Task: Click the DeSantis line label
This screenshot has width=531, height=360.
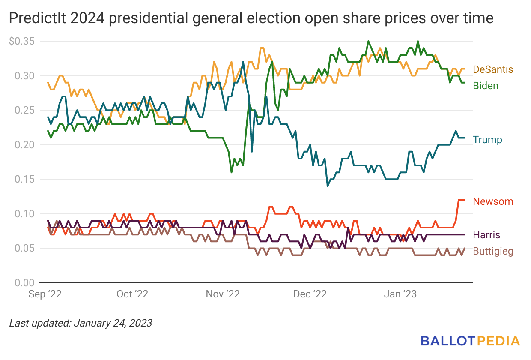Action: tap(493, 69)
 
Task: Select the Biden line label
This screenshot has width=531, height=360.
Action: tap(486, 86)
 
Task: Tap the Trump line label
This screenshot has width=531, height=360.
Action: tap(487, 140)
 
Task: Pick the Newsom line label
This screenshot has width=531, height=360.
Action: tap(493, 201)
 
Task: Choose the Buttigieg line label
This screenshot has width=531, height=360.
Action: tap(493, 252)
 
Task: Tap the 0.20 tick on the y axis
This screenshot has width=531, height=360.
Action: tap(25, 145)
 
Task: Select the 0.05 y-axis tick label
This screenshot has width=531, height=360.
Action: tap(25, 248)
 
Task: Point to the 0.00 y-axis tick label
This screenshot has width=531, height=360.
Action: tap(25, 283)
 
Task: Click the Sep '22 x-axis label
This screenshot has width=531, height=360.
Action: tap(45, 294)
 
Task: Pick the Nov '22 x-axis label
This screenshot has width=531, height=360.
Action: tap(223, 294)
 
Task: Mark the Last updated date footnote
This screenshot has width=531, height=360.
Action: tap(81, 323)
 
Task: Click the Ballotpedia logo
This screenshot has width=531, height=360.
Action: tap(470, 341)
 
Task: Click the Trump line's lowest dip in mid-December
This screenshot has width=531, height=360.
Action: tap(328, 186)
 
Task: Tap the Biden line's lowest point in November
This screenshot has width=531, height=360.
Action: tap(231, 172)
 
